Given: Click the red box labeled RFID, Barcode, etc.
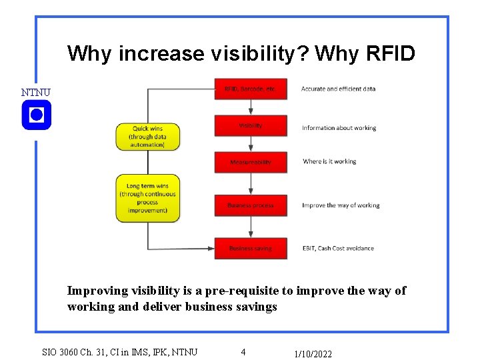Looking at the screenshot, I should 251,89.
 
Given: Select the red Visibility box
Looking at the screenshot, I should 251,126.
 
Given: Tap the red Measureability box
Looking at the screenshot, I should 251,162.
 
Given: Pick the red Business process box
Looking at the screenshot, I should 251,205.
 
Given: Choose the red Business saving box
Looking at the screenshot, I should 251,248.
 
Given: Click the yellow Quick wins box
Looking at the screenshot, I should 147,136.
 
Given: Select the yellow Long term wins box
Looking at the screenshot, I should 147,198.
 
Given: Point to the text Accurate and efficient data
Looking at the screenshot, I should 338,89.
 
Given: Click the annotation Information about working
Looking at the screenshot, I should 339,128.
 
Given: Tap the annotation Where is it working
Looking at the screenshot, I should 329,161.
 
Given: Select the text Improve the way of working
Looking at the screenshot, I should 341,205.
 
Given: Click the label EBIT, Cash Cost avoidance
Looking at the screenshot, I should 337,248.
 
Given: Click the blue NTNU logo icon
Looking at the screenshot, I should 36,115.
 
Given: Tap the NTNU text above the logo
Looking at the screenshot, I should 35,92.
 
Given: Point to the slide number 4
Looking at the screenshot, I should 243,351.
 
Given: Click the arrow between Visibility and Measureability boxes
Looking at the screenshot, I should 251,144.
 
